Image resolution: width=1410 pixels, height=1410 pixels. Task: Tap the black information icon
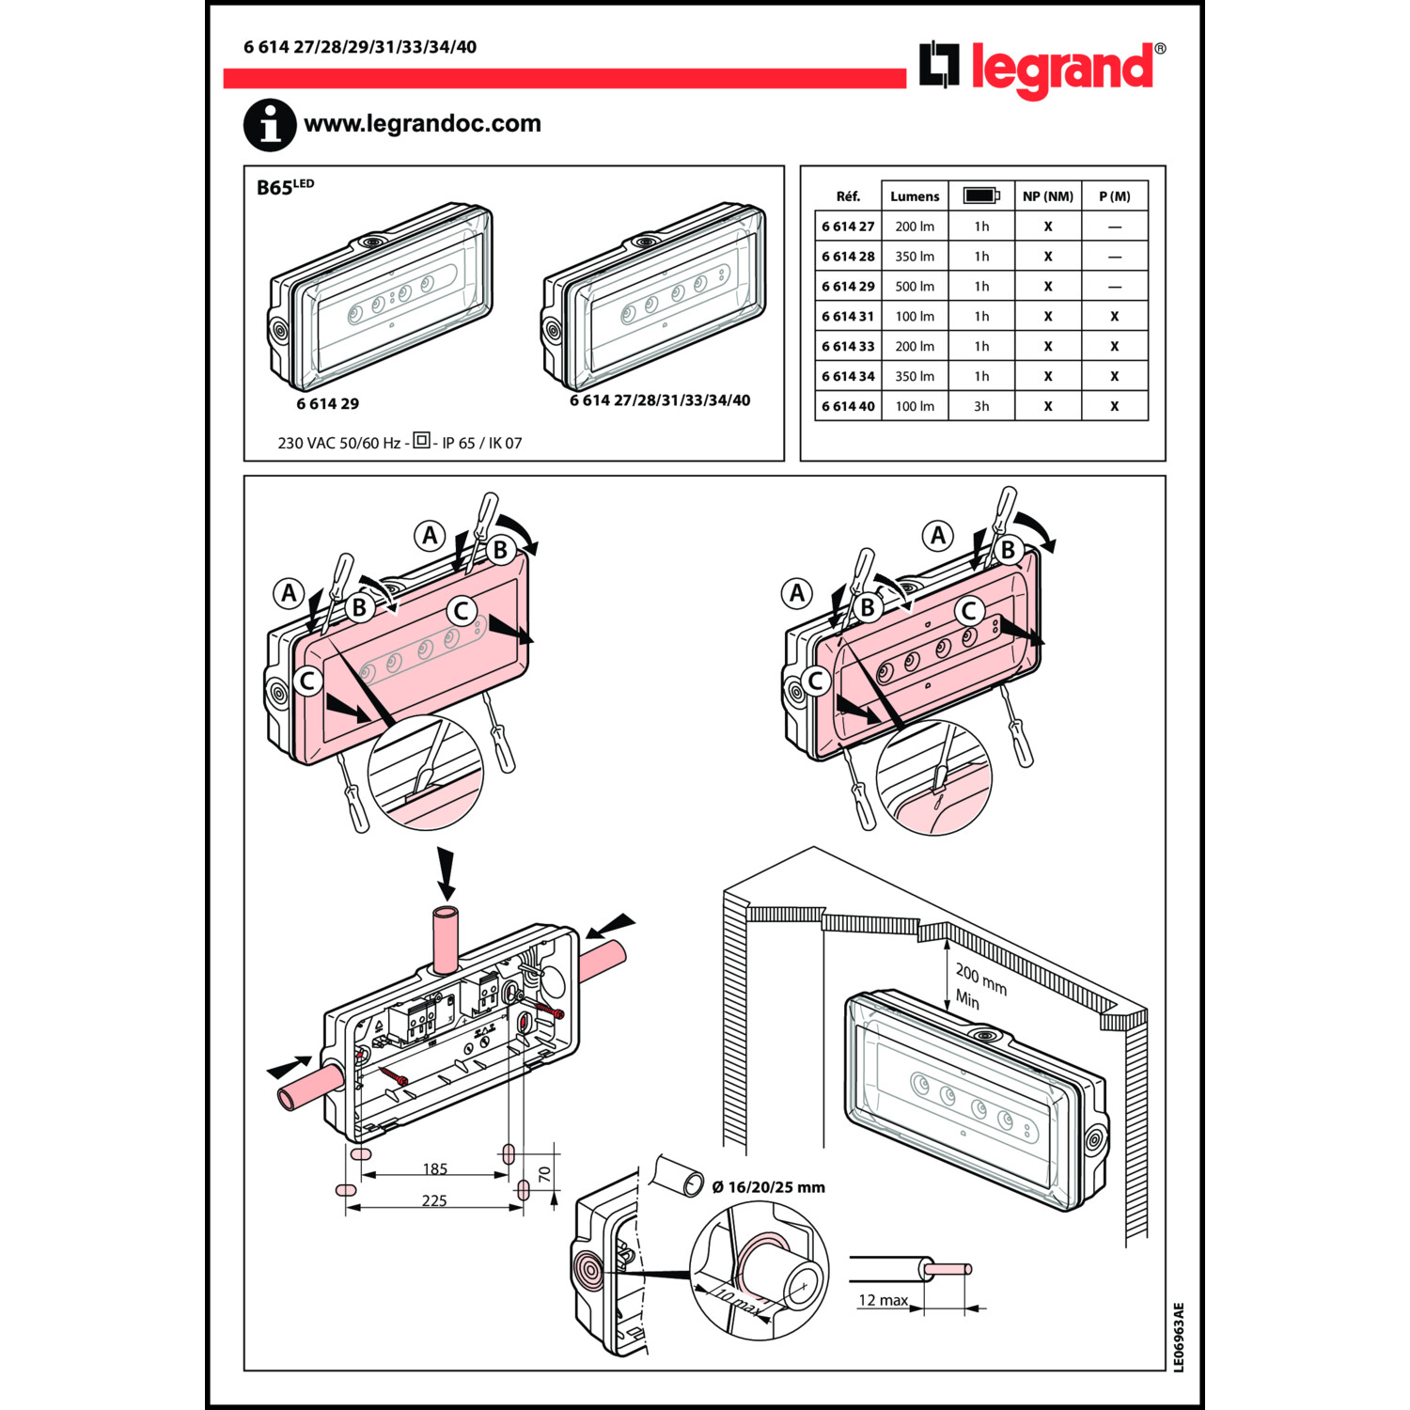coord(270,125)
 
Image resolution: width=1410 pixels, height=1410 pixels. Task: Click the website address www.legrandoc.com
coord(422,123)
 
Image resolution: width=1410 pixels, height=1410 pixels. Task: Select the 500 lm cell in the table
coord(915,287)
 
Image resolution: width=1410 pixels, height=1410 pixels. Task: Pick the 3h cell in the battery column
coord(981,406)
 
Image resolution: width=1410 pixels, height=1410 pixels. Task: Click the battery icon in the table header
coord(981,196)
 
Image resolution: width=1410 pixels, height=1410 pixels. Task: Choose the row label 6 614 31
coord(848,317)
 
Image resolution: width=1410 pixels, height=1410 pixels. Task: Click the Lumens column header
coord(915,196)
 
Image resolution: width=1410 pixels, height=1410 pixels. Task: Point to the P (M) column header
coord(1115,196)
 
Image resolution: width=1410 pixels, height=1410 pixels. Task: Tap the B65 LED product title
coord(285,187)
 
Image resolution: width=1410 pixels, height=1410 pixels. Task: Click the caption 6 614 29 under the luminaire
coord(327,404)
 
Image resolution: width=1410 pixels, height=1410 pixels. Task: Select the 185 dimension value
coord(434,1169)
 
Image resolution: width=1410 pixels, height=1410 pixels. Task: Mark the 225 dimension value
coord(434,1200)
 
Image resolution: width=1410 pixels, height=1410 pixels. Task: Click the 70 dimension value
coord(545,1175)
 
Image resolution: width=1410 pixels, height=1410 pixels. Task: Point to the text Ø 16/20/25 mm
coord(768,1187)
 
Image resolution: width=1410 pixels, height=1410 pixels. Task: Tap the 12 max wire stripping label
coord(883,1300)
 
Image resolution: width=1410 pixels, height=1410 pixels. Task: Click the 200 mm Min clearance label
coord(979,986)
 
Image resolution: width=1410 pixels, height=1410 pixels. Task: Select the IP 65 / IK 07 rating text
coord(481,444)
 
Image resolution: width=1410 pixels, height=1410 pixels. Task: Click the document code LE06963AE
coord(1179,1337)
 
